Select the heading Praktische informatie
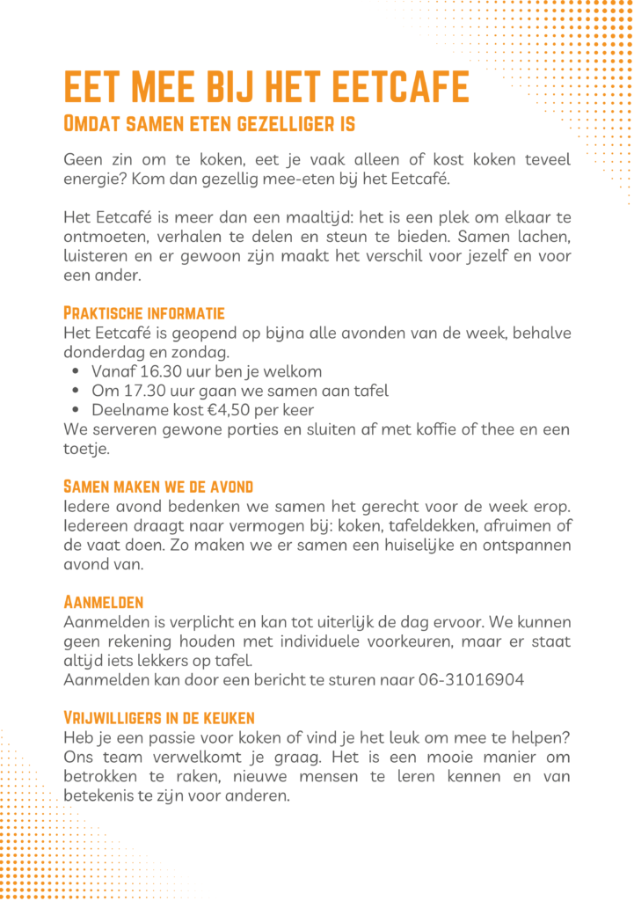pos(144,313)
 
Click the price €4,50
pos(208,410)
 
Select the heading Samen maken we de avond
pos(158,487)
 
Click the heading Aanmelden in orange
pos(104,603)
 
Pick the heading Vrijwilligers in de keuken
pos(159,718)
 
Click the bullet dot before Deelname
pos(76,411)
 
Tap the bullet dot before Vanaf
pos(76,372)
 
